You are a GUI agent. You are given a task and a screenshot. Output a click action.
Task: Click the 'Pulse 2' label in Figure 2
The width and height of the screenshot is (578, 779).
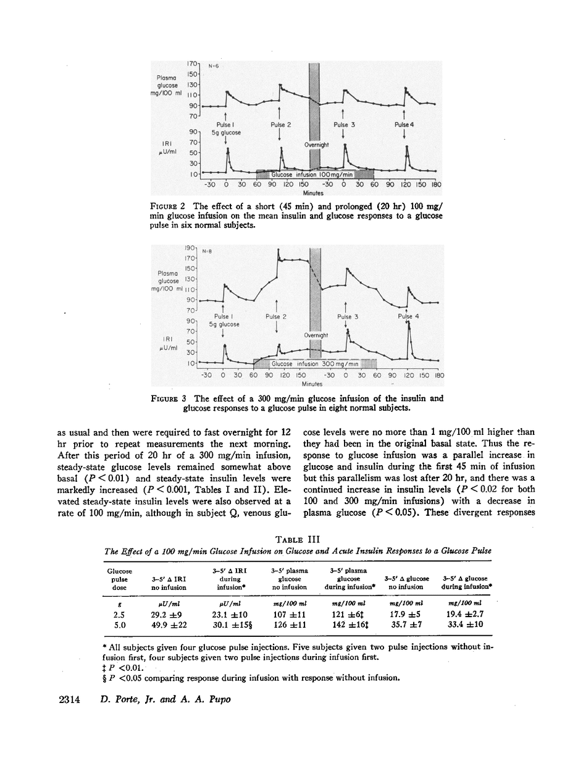pos(280,124)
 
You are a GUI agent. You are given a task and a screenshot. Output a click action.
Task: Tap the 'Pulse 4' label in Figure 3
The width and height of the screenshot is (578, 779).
pos(408,316)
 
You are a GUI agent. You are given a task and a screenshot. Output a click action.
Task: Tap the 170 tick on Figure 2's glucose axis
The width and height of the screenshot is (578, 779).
pos(191,64)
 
